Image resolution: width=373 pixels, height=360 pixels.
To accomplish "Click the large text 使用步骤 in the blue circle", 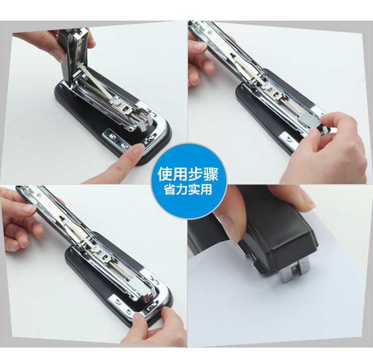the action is coord(188,175).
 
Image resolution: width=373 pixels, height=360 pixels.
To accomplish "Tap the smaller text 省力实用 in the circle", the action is coord(188,189).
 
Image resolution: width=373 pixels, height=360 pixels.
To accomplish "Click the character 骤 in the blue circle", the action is coord(211,175).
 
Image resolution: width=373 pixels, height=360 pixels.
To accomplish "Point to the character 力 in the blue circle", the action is coord(182,189).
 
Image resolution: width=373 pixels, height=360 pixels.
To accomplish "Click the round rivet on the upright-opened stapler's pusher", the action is coord(116,102).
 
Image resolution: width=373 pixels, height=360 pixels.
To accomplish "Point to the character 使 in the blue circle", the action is coord(165,175).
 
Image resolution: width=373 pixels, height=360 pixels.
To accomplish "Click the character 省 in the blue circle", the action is coord(170,189).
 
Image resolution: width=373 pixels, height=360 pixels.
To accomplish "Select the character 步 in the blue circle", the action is coord(195,175).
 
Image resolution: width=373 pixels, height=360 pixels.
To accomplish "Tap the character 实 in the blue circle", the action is coord(194,189).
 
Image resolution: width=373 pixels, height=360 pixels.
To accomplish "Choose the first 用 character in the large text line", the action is coord(181,175).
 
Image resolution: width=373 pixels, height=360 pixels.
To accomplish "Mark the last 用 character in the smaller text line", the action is coord(206,189).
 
